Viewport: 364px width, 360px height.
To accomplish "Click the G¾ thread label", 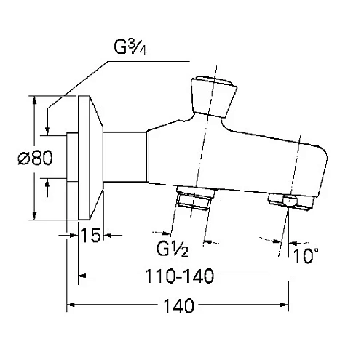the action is (x=130, y=47).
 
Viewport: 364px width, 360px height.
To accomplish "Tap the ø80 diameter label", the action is (x=35, y=158).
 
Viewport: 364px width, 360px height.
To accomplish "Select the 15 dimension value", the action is (x=90, y=235).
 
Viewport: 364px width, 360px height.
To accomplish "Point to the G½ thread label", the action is (x=173, y=249).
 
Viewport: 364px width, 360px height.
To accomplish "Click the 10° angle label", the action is (x=306, y=255).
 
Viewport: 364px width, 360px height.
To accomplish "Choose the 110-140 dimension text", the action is (x=179, y=276).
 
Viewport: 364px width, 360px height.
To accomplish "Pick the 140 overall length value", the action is (x=179, y=305).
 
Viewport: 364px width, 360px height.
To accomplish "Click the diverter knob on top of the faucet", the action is (x=213, y=97).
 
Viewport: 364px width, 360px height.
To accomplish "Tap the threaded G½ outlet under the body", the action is (x=196, y=198).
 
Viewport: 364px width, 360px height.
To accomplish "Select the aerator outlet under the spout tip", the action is (x=291, y=201).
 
